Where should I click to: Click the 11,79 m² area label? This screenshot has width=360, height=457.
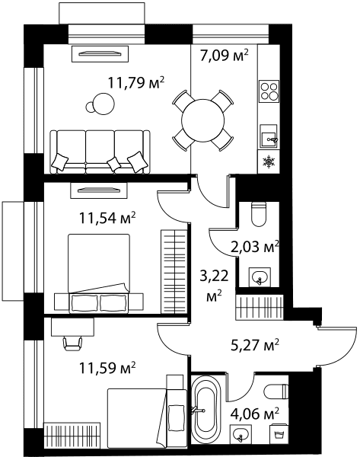tap(136, 82)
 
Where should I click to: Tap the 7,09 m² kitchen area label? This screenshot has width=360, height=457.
tap(224, 55)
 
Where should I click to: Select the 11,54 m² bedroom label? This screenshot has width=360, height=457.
tap(107, 218)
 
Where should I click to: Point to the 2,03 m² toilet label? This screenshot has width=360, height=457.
tap(255, 247)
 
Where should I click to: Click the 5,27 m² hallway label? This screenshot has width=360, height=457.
tap(255, 345)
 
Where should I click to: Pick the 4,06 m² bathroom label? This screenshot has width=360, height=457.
tap(255, 414)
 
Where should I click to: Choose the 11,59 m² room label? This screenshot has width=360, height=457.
tap(107, 368)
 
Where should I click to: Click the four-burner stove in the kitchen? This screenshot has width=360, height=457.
tap(269, 91)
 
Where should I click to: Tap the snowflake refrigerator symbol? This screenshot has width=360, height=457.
tap(268, 161)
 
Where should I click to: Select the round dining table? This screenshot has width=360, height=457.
tap(203, 120)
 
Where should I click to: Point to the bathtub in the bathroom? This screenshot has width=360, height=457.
tap(205, 413)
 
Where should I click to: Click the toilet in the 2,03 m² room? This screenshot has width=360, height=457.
tap(259, 214)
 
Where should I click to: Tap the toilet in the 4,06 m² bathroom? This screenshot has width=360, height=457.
tap(276, 392)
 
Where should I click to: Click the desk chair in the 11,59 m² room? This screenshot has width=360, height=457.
tap(72, 344)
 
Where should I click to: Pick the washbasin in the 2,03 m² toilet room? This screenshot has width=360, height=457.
tap(260, 277)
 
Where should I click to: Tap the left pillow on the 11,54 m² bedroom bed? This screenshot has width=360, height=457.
tap(84, 303)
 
